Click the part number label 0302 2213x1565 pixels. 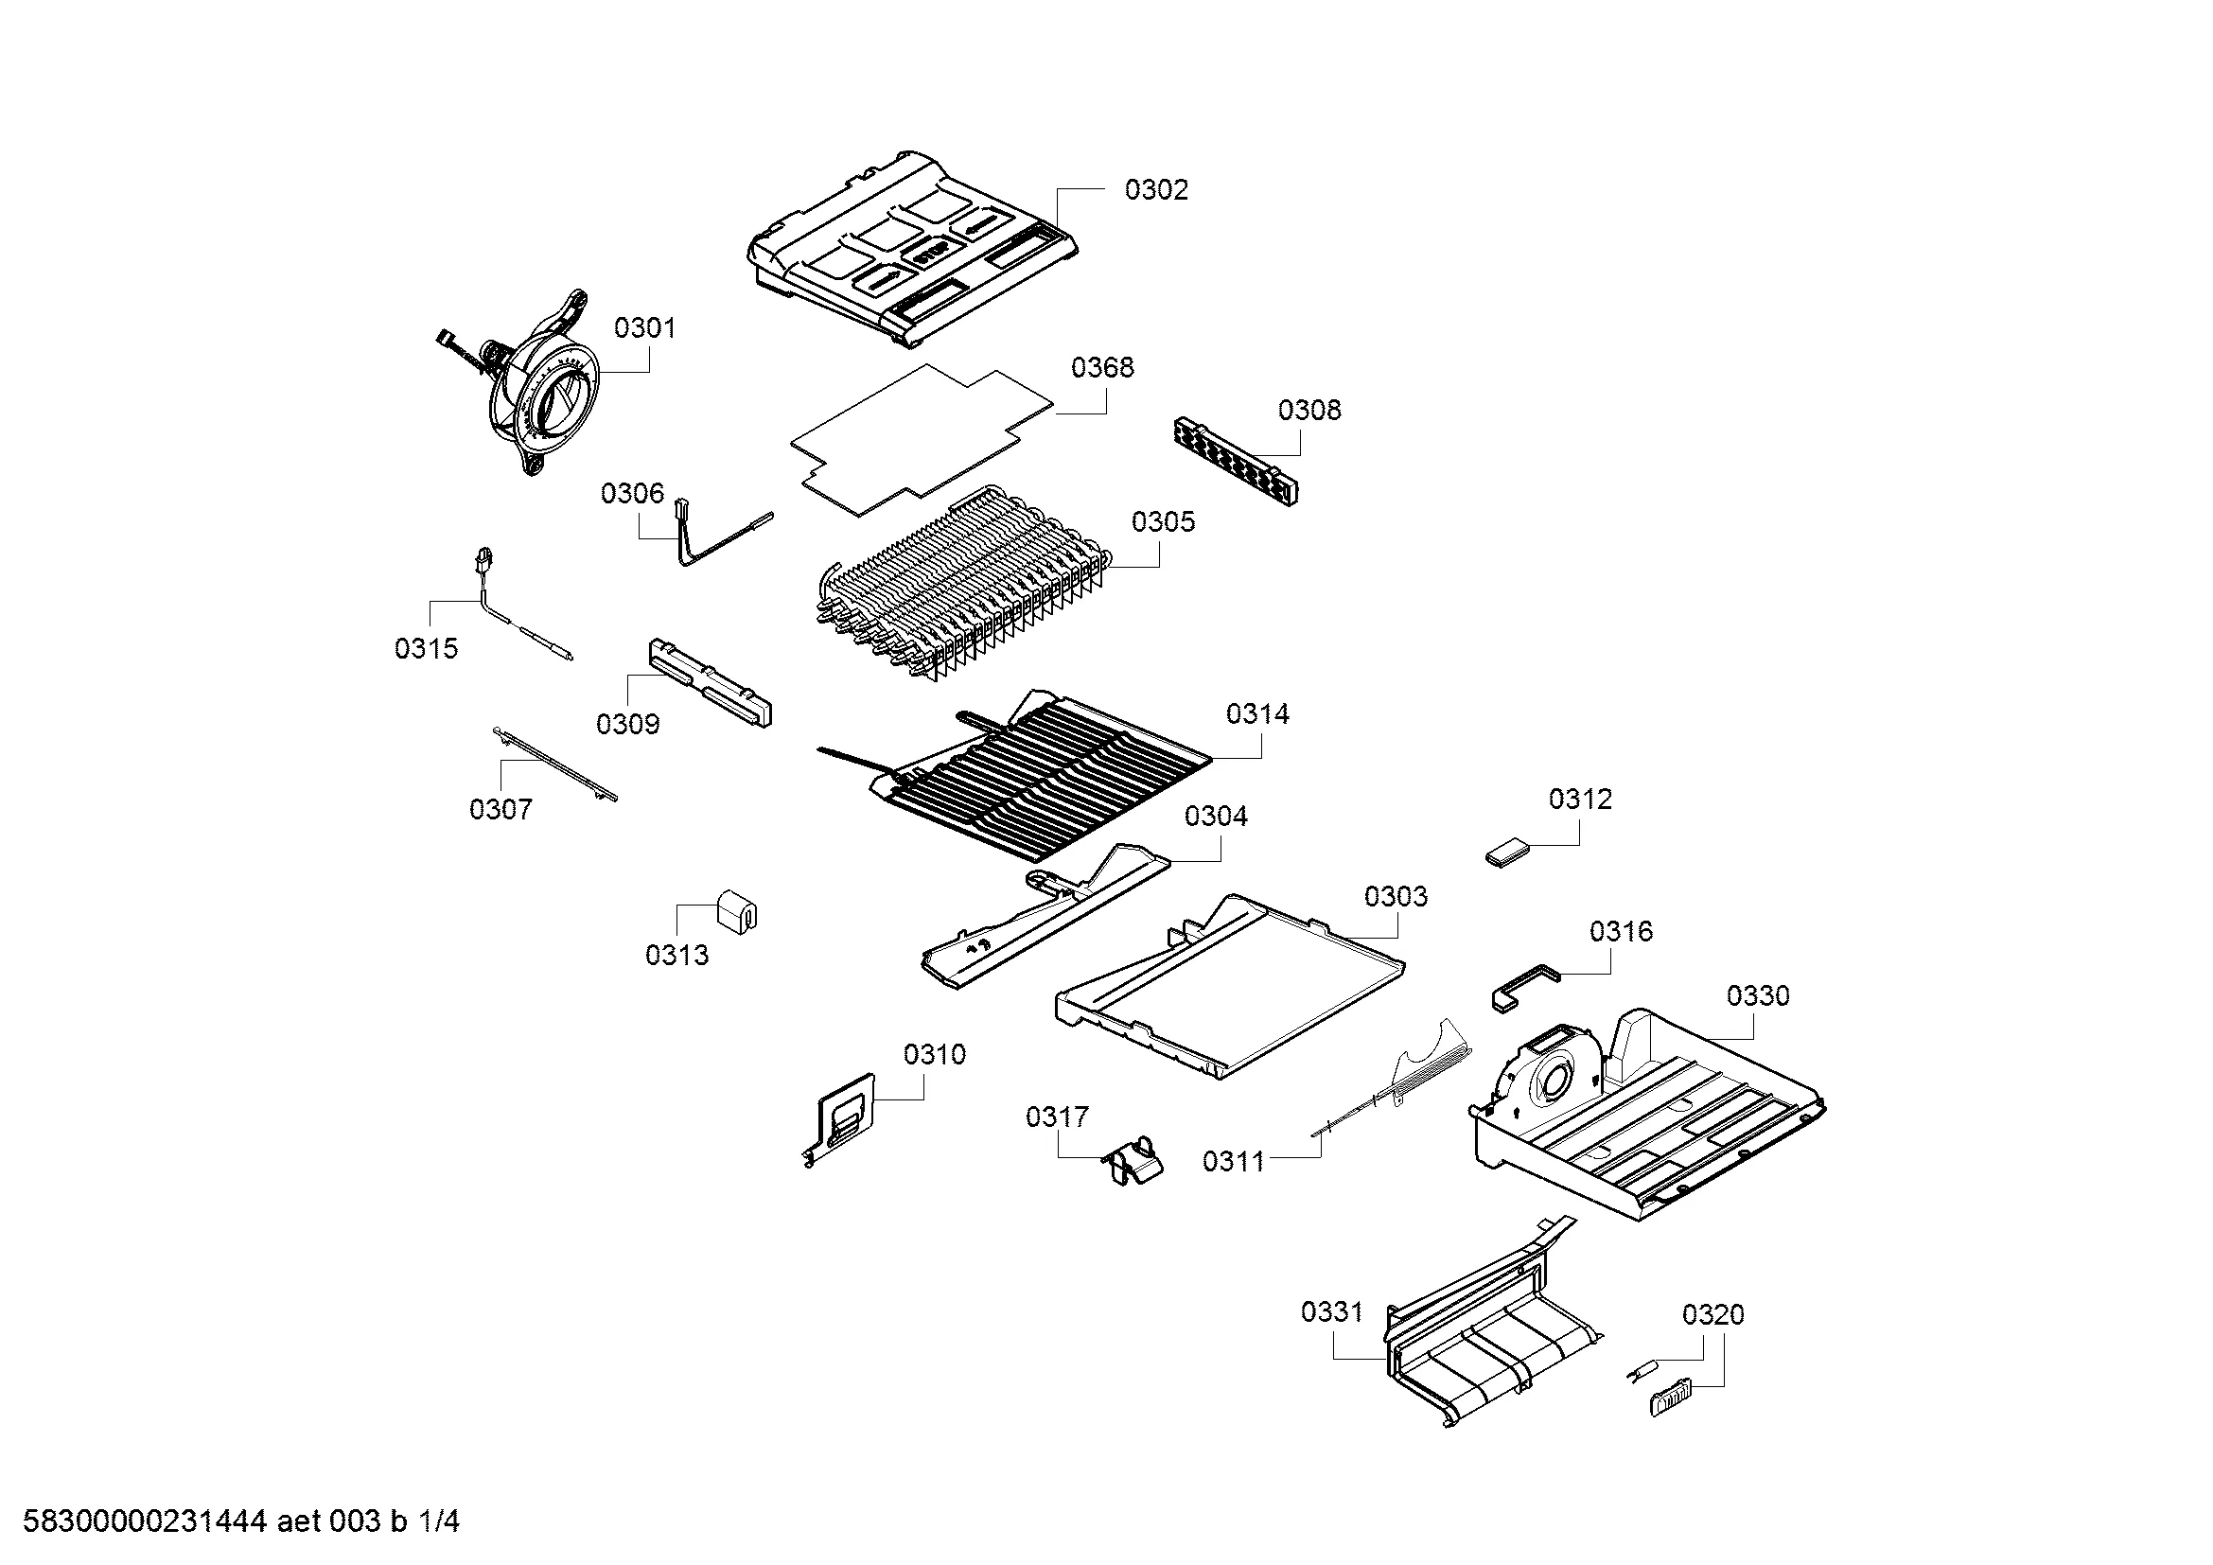click(1155, 190)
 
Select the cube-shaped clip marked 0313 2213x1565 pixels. click(737, 910)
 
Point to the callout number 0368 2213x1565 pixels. click(1102, 367)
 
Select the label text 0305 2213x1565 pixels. click(1163, 522)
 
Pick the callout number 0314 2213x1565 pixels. click(1256, 714)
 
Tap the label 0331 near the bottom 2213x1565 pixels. click(1331, 1312)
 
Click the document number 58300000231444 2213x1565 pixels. click(144, 1521)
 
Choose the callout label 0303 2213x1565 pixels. click(1395, 897)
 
